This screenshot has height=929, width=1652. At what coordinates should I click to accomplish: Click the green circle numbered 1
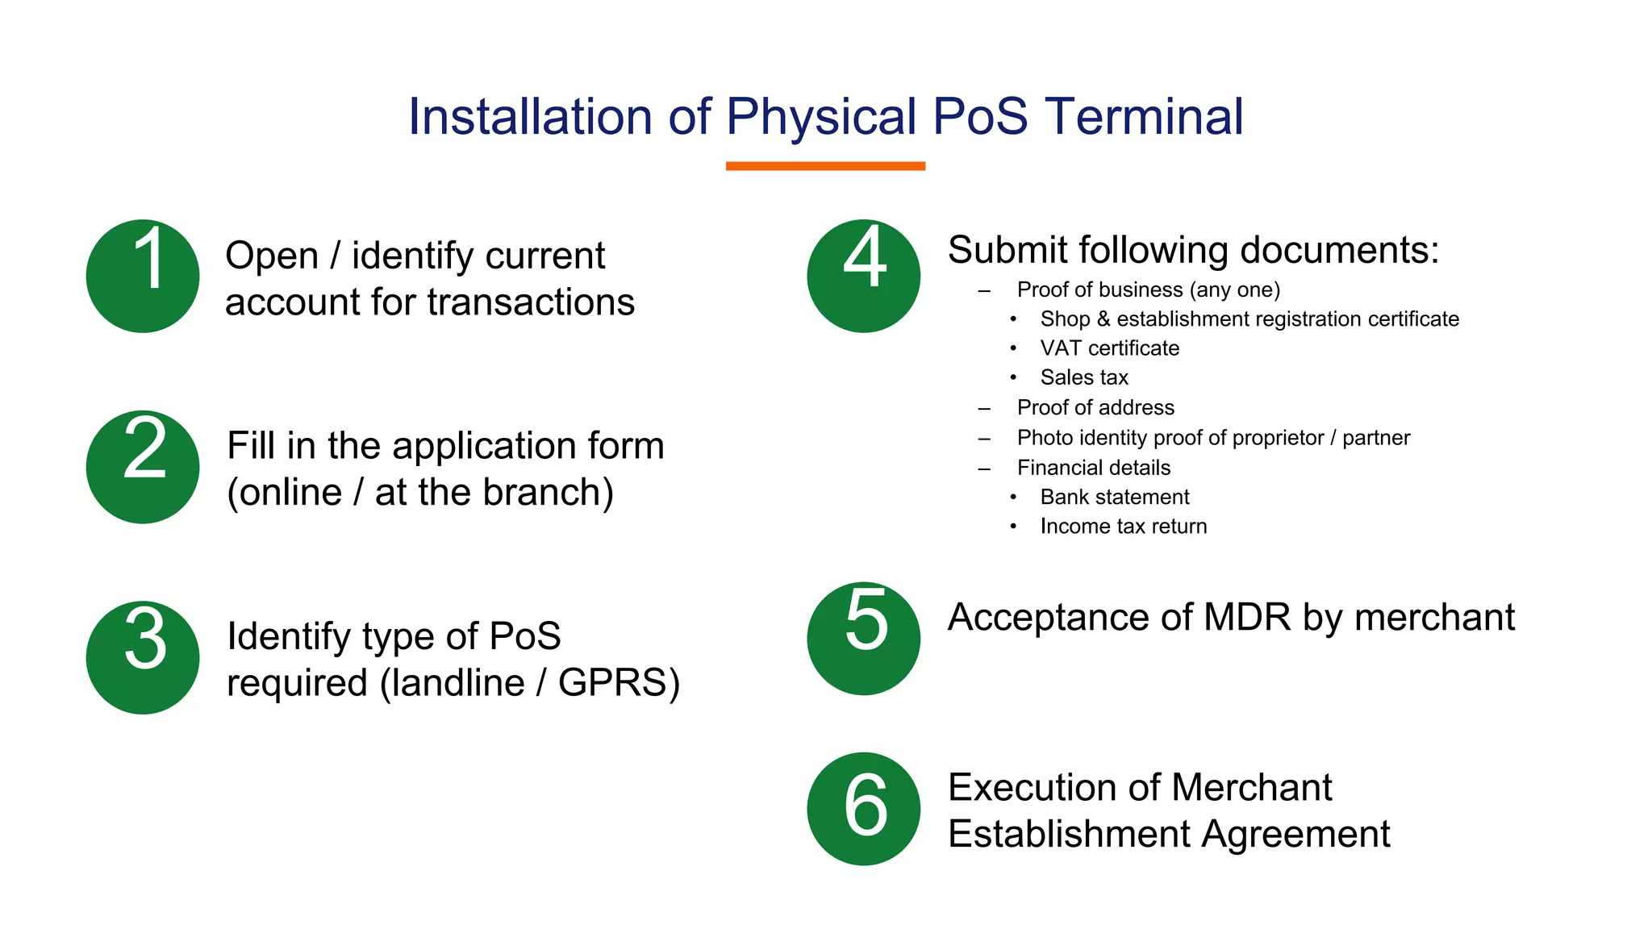point(143,276)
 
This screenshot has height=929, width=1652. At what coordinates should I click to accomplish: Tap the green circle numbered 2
point(143,467)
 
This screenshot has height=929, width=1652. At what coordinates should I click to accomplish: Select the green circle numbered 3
point(143,657)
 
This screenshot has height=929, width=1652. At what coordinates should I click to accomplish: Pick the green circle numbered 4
point(863,276)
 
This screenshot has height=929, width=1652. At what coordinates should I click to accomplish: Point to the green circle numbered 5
point(863,638)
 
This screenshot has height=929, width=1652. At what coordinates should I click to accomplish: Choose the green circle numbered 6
point(863,809)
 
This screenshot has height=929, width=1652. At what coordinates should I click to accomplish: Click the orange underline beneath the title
point(825,166)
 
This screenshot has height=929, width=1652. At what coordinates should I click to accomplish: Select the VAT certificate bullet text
point(1109,348)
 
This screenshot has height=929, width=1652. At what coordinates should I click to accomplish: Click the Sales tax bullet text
point(1084,377)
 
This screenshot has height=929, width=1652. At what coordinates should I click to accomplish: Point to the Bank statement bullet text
point(1115,497)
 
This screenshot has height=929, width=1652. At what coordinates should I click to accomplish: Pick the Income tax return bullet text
point(1124,527)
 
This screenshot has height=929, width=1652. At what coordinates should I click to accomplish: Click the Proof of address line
point(1095,408)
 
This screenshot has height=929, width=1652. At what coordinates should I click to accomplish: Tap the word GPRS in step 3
point(612,683)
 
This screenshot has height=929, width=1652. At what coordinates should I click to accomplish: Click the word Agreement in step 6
point(1295,834)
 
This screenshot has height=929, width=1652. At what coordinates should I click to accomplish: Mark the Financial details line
point(1094,468)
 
